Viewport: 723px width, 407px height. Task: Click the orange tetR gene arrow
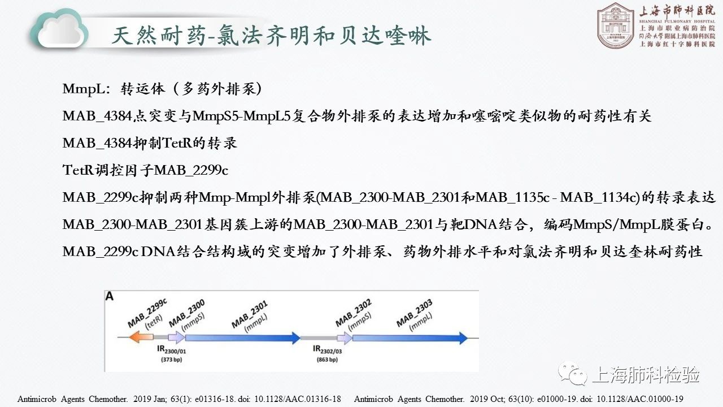141,337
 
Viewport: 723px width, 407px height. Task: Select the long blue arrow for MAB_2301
243,338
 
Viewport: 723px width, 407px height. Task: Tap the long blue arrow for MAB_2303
410,338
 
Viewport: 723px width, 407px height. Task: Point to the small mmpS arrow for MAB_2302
345,338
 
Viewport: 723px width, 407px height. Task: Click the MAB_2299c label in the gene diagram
147,313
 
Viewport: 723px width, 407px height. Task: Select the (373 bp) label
171,360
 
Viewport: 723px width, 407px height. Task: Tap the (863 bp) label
327,360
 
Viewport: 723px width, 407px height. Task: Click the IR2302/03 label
327,350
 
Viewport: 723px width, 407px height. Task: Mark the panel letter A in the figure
110,296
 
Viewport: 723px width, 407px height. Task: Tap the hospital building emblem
616,25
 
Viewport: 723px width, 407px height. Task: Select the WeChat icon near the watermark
573,374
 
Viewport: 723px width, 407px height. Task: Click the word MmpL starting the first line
84,89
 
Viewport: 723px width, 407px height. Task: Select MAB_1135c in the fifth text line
512,197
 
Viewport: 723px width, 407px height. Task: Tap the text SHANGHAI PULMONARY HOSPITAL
677,21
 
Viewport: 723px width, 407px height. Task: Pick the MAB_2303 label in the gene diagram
415,313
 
